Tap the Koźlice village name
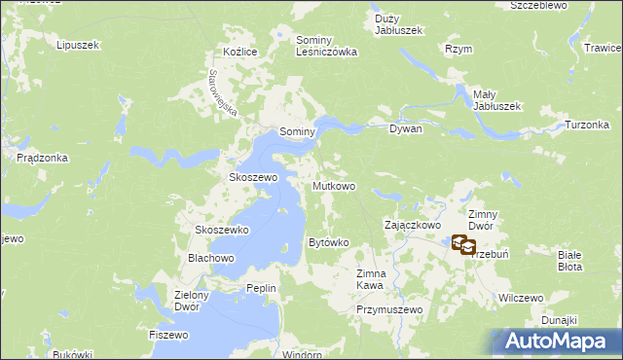coord(238,52)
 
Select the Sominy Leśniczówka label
coord(327,46)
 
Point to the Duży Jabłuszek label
coord(399,24)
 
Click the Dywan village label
coord(405,128)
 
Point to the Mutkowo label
coord(333,185)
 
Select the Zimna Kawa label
coord(371,279)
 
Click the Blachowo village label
coord(211,258)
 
